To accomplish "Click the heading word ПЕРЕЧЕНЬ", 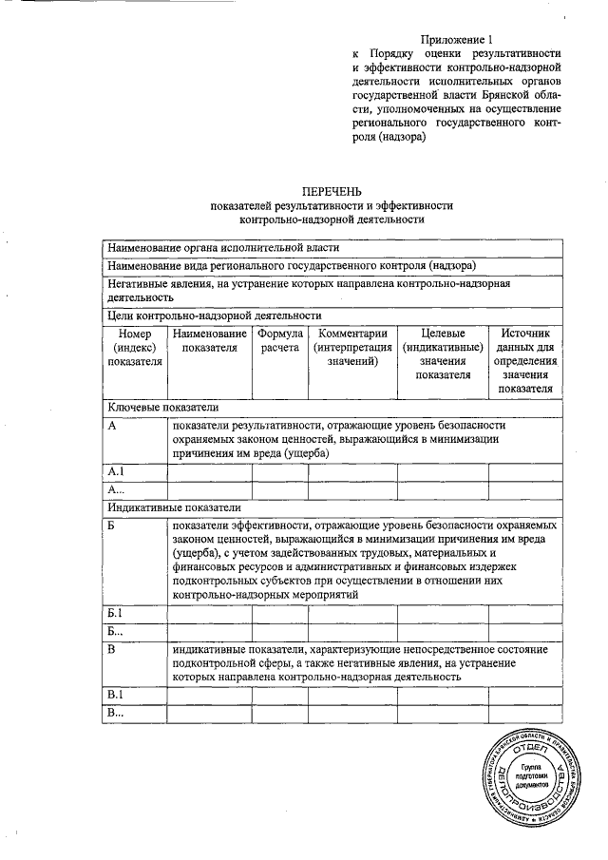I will point(332,191).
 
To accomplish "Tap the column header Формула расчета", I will point(279,340).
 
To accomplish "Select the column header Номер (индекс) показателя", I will point(135,347).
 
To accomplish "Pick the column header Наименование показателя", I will point(209,340).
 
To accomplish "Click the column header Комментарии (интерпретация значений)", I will point(352,347).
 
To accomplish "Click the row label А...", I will point(112,426).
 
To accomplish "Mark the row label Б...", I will point(112,525).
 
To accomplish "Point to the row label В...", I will point(112,649).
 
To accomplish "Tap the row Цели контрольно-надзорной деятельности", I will point(214,315).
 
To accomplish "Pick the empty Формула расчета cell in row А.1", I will point(279,471).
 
